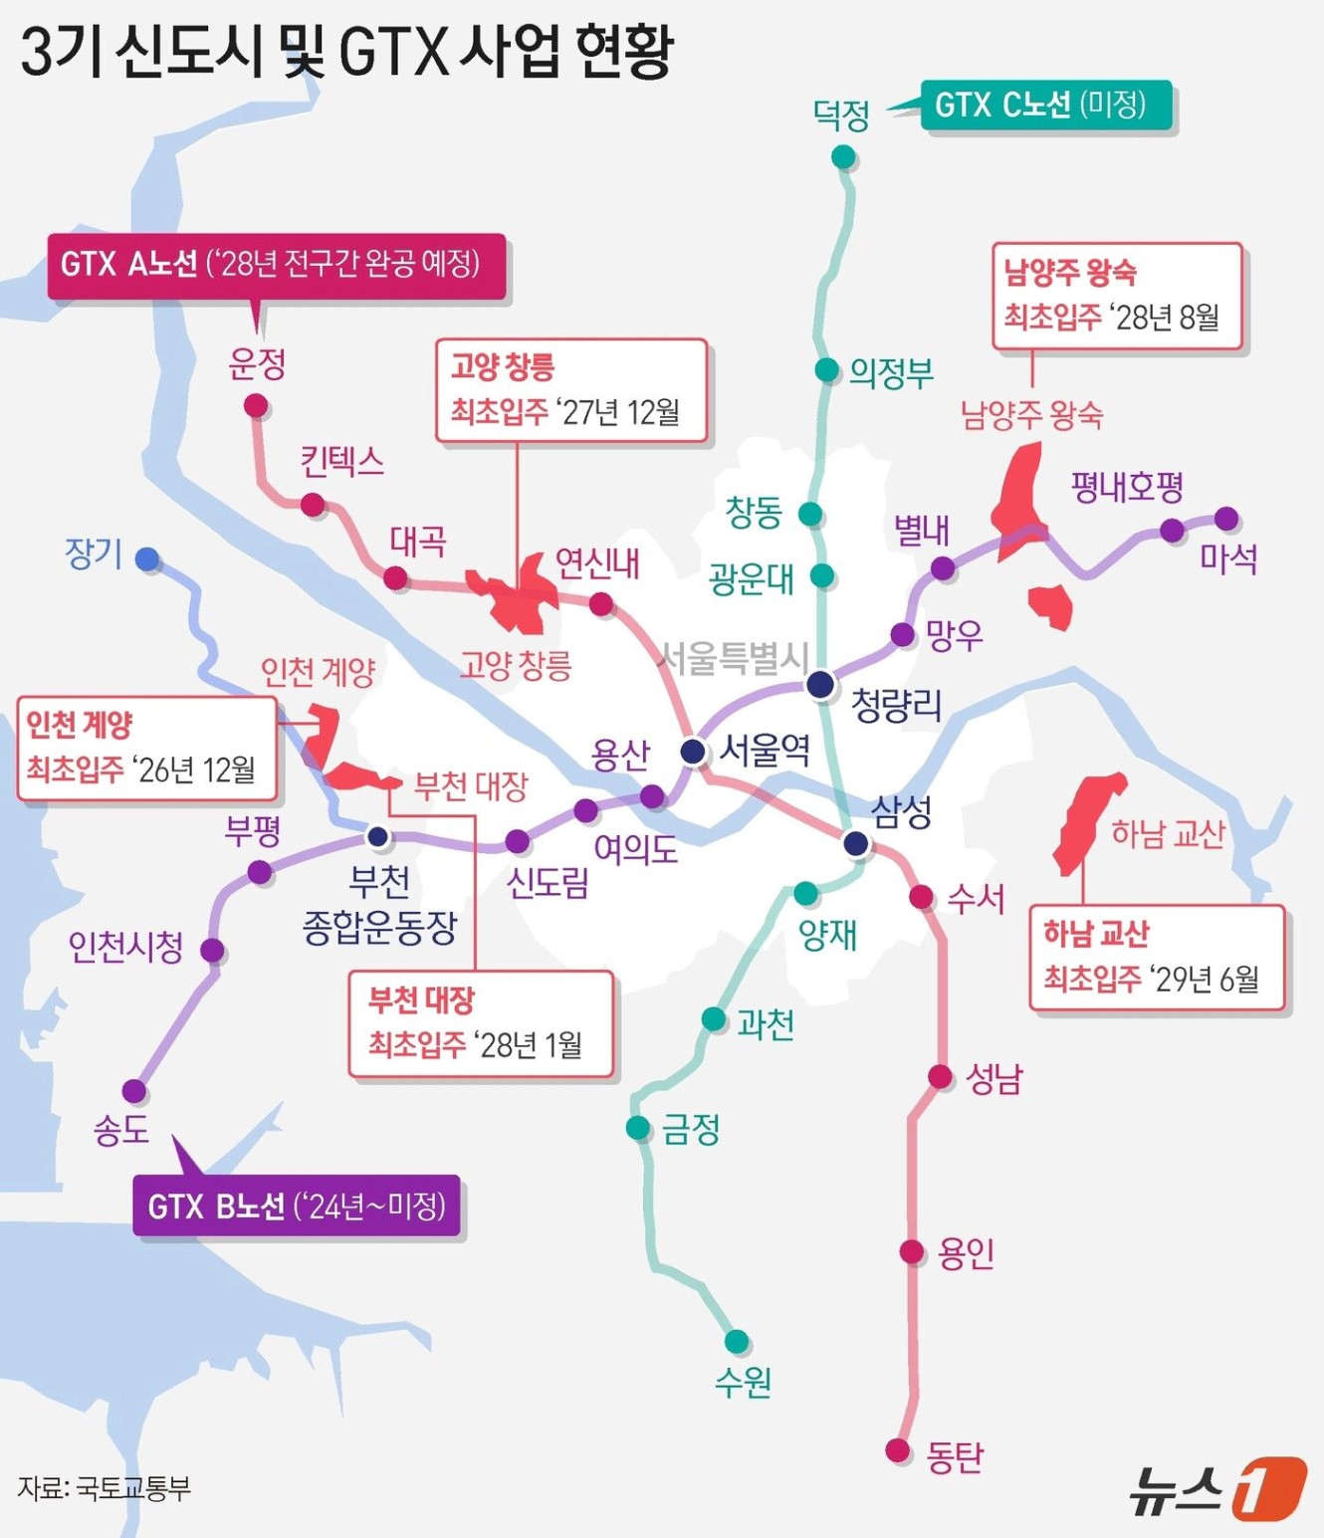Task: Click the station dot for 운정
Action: coord(256,406)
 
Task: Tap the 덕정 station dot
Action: coord(843,157)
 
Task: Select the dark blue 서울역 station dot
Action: coord(694,751)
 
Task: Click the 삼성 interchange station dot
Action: coord(856,844)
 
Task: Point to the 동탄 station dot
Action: coord(898,1450)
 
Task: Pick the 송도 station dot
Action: coord(134,1091)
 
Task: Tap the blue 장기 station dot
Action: coord(148,559)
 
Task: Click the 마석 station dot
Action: coord(1226,519)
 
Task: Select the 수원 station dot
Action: coord(737,1342)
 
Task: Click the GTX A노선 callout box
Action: coord(277,265)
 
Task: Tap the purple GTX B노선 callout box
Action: coord(297,1206)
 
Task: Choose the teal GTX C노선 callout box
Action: coord(1044,105)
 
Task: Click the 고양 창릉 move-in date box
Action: coord(570,389)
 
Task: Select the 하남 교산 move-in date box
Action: coord(1156,957)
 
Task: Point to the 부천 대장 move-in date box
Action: coord(480,1022)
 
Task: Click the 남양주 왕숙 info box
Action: coord(1117,296)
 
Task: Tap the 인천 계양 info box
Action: coord(145,748)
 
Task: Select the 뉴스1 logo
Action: coord(1216,1488)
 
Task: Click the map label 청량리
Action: coord(896,705)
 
